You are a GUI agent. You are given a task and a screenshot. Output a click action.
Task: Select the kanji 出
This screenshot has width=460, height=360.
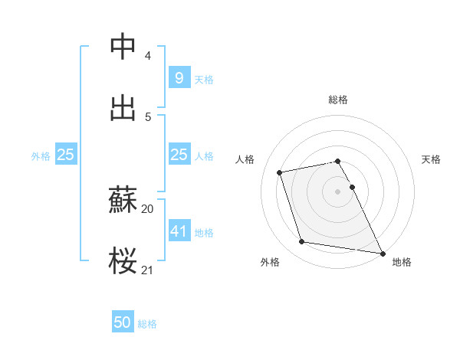(123, 107)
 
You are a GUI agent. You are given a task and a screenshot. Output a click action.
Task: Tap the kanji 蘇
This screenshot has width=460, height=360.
(123, 201)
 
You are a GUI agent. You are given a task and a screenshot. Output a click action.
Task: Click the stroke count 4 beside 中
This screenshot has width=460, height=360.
(147, 56)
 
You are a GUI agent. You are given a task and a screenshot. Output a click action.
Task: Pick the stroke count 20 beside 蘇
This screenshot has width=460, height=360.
(147, 209)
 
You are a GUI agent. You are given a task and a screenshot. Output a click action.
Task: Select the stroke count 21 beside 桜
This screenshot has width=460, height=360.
(147, 270)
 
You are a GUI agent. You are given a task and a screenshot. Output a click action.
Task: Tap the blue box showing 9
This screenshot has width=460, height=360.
(179, 77)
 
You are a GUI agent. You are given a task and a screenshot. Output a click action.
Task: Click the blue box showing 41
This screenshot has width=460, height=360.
(179, 231)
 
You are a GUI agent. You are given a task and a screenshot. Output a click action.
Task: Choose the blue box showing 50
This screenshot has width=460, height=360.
(123, 322)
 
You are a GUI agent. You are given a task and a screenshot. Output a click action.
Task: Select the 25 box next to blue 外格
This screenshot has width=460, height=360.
(65, 155)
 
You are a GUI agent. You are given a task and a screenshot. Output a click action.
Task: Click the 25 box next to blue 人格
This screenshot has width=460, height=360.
(179, 155)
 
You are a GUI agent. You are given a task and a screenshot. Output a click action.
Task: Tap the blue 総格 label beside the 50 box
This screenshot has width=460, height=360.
(147, 324)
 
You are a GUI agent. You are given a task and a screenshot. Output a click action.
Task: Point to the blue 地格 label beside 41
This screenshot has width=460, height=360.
(204, 232)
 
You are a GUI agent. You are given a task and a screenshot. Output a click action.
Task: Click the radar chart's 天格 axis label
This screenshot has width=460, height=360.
(431, 159)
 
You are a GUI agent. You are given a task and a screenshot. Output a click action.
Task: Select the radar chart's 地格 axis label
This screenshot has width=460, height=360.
(402, 262)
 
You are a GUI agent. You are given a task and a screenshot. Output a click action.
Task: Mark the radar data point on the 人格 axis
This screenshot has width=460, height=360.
(280, 172)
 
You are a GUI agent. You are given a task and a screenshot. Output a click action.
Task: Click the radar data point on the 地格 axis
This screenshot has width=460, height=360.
(382, 253)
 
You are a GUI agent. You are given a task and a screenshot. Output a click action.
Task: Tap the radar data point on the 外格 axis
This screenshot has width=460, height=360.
(302, 242)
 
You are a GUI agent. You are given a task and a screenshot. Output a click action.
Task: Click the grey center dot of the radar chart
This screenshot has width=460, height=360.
(337, 191)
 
